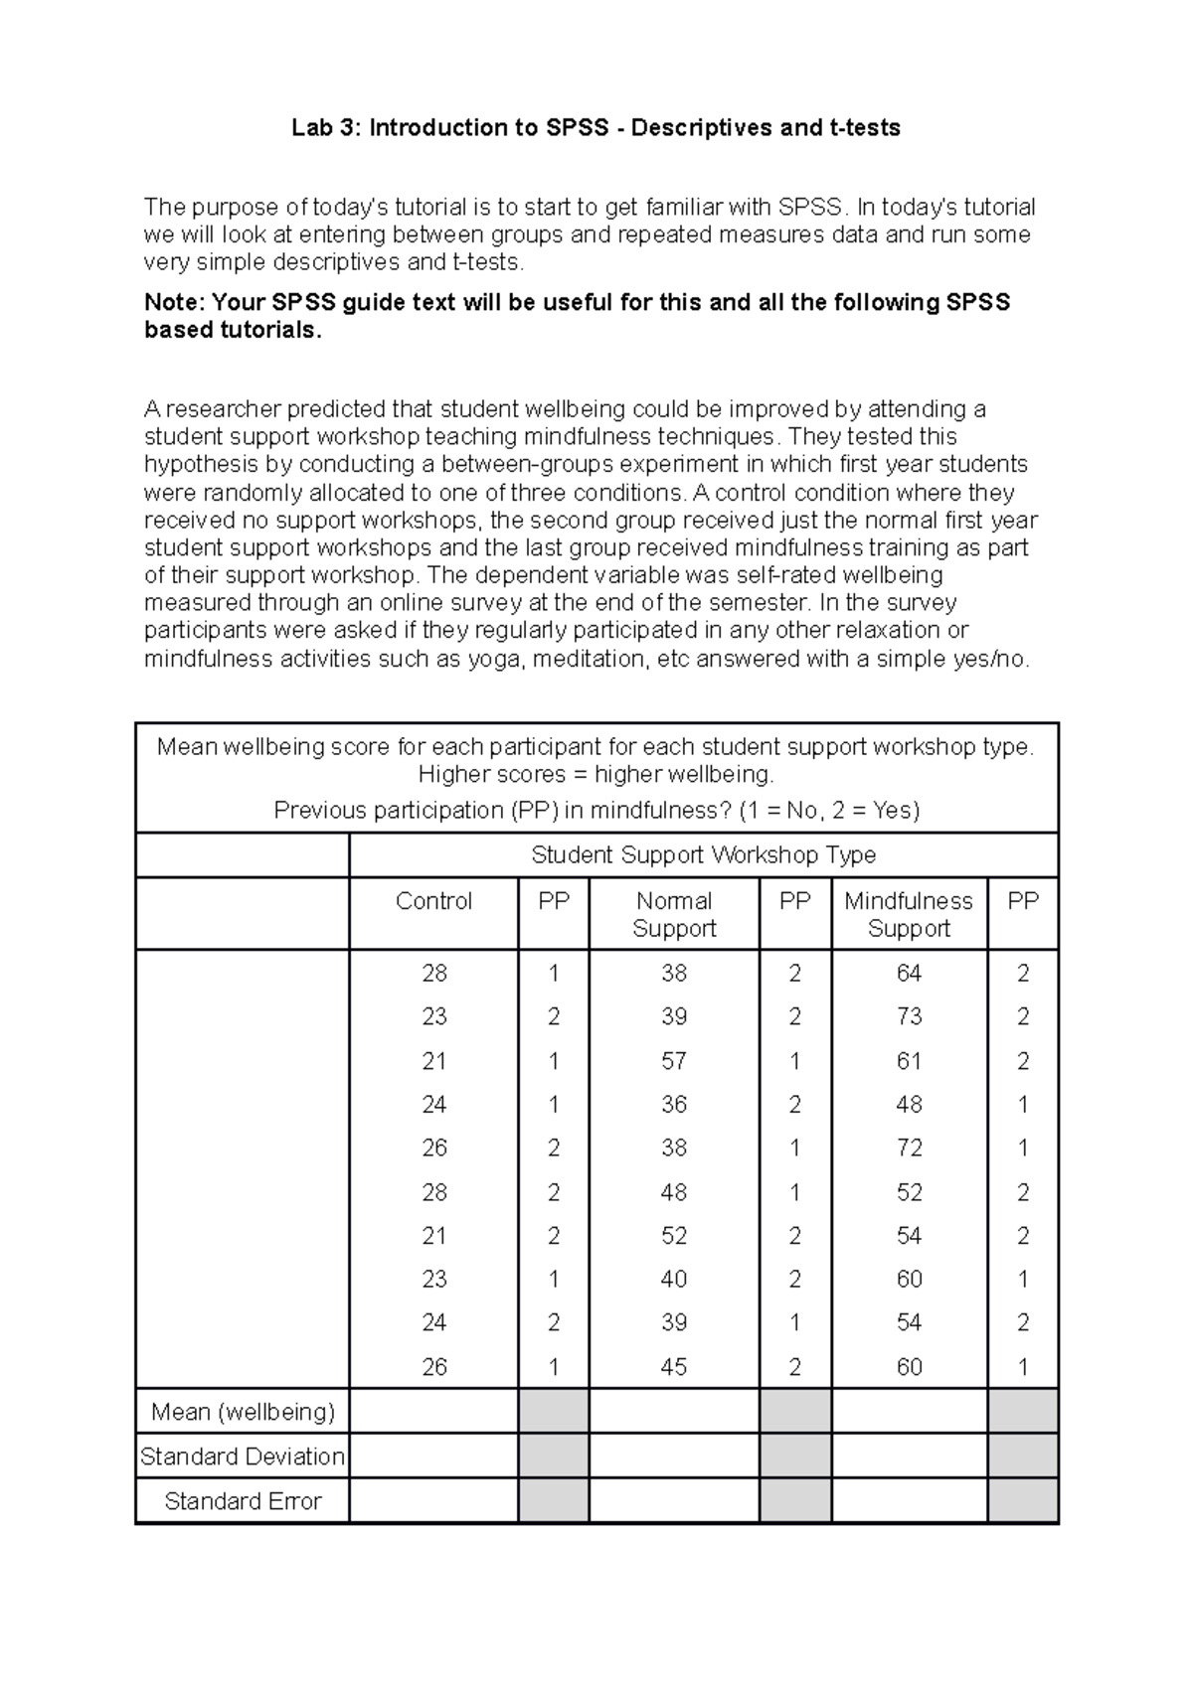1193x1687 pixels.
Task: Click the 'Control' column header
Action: tap(433, 901)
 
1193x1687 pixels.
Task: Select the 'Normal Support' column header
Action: tap(674, 914)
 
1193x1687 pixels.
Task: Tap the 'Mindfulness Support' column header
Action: tap(909, 914)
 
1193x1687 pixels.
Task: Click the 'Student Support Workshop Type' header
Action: tap(703, 854)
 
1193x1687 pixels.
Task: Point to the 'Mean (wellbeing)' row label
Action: tap(243, 1411)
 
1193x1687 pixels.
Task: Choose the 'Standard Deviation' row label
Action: tap(243, 1457)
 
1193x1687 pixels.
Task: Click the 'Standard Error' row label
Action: tap(243, 1501)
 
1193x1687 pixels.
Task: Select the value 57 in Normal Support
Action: tap(674, 1061)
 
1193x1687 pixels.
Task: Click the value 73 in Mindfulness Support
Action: tap(909, 1016)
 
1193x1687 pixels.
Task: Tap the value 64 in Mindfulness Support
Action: tap(909, 973)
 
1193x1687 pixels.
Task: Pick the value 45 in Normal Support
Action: tap(674, 1367)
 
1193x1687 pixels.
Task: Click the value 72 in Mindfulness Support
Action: tap(909, 1148)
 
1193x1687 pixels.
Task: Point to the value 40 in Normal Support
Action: tap(674, 1279)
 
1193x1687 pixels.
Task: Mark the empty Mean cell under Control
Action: tap(433, 1411)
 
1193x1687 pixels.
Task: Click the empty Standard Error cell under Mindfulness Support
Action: tap(909, 1501)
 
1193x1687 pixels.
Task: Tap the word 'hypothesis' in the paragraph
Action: tap(192, 465)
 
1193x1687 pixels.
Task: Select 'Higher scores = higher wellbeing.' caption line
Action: tap(596, 775)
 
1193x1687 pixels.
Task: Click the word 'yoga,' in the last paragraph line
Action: tap(495, 659)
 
